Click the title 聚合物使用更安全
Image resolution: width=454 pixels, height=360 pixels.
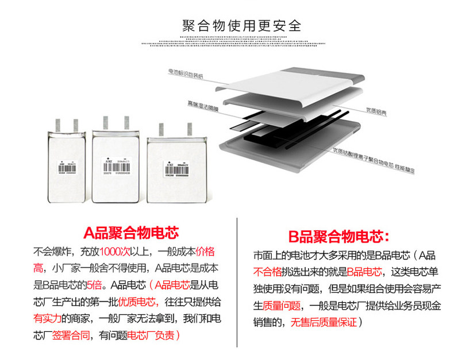(241, 26)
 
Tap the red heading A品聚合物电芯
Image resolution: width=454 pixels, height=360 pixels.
(131, 233)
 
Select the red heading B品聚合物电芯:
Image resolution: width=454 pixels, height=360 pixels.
(338, 235)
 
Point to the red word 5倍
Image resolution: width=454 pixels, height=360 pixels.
(93, 284)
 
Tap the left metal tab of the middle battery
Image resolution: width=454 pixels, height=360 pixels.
(105, 122)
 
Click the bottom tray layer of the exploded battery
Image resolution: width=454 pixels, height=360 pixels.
(276, 155)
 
